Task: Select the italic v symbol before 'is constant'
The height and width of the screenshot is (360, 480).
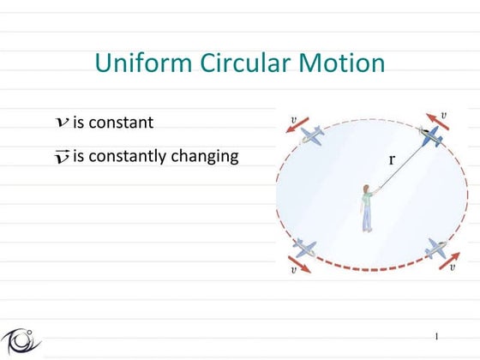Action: [62, 123]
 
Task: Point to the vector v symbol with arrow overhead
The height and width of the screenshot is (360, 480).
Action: [62, 156]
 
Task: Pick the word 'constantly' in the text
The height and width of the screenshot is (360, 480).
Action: [126, 157]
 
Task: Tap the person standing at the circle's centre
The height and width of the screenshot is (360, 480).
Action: [367, 207]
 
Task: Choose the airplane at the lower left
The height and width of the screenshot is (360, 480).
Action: [303, 248]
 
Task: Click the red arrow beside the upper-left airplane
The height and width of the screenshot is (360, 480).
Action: [296, 128]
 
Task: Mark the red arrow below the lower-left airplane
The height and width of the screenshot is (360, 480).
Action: [300, 261]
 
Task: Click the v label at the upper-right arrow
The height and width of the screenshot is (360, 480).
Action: [443, 114]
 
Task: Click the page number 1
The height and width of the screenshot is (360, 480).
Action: [436, 335]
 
